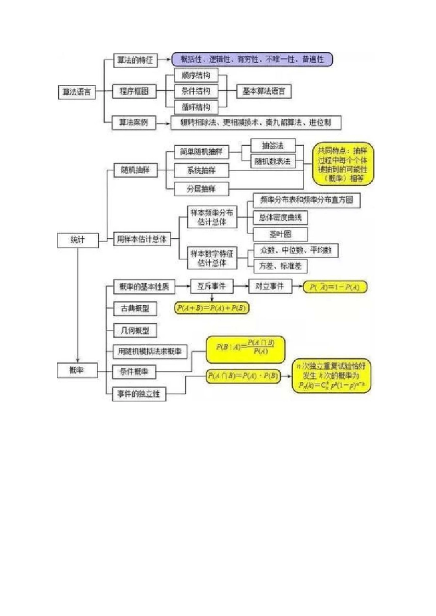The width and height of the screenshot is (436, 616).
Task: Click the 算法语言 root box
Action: coord(77,92)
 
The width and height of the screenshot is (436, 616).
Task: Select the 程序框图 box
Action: coord(134,91)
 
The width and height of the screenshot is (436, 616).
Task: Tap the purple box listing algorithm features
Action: coord(252,60)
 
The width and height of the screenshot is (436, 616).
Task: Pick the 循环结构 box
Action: coord(196,107)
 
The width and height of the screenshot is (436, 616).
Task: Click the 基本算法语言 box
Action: coord(263,91)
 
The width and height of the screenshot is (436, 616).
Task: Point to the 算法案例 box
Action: coord(134,122)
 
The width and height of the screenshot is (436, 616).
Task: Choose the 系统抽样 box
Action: coord(201,170)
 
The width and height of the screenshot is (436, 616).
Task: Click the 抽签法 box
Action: coord(273,146)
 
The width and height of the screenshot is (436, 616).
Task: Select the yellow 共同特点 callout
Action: coord(343,164)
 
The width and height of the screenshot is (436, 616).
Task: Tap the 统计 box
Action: coord(78,240)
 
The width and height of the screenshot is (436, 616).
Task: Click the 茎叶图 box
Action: coord(280,234)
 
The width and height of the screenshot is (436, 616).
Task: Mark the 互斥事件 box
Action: coord(212,286)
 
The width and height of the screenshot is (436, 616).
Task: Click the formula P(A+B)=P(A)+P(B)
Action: coord(212,308)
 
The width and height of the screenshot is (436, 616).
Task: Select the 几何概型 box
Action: coord(135,330)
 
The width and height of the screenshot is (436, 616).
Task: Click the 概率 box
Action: coord(77,370)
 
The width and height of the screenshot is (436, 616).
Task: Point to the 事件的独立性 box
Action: coord(139,394)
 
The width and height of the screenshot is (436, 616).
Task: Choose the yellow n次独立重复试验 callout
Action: coord(331,376)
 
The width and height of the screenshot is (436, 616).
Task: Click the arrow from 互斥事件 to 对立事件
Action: coord(241,286)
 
